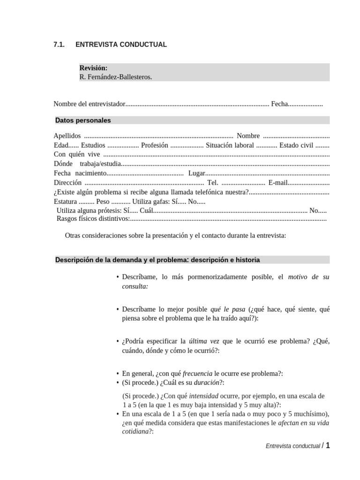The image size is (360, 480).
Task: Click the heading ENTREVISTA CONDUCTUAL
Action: tap(121, 45)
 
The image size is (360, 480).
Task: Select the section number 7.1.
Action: tap(59, 45)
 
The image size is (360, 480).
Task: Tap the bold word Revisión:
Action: tap(93, 68)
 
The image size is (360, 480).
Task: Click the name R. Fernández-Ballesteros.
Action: tap(116, 77)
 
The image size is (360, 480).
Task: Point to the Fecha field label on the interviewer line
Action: tap(279, 104)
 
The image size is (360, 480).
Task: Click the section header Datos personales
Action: tap(83, 120)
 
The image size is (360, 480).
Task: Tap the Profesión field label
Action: tap(155, 145)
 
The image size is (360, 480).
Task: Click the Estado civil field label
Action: tap(298, 145)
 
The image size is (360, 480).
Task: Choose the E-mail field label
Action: tap(278, 183)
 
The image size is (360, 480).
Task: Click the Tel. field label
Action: tap(213, 183)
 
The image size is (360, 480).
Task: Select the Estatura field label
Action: tap(65, 202)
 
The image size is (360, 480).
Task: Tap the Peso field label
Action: tap(103, 202)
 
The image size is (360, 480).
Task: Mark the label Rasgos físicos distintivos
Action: tap(92, 218)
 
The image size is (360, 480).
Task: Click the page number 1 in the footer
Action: tap(328, 446)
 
